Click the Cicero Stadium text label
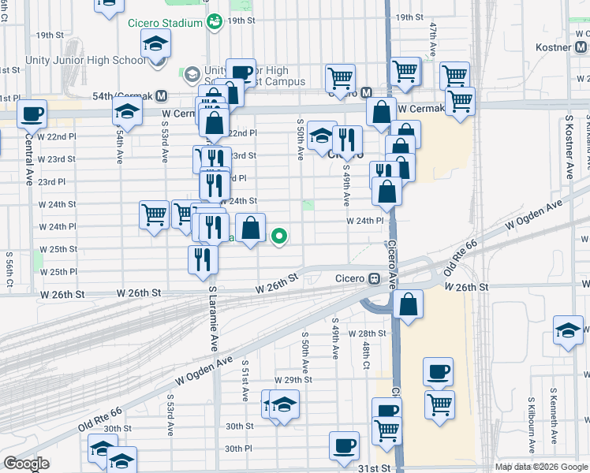[x=165, y=22]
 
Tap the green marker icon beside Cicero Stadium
[x=213, y=22]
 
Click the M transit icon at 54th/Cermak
[x=161, y=95]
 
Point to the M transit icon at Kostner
[x=580, y=48]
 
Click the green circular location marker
[x=279, y=235]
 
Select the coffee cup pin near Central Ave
[x=32, y=114]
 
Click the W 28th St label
[x=371, y=333]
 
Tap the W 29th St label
[x=298, y=379]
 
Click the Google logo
[x=26, y=464]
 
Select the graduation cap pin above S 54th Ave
[x=126, y=113]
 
